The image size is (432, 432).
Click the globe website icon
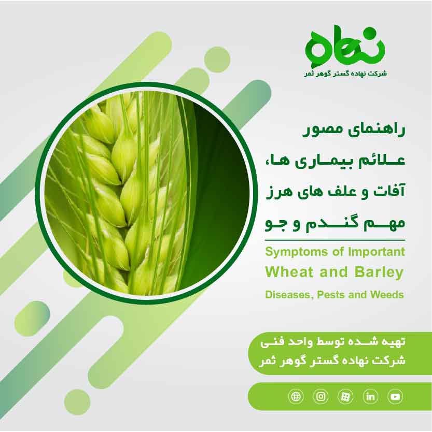click(x=296, y=397)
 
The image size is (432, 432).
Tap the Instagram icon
click(x=321, y=397)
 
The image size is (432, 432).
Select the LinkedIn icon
click(x=371, y=397)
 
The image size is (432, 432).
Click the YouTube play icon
click(x=396, y=397)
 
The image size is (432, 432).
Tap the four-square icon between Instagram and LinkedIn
click(x=345, y=397)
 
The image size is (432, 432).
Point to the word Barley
click(x=379, y=272)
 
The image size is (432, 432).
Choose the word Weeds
click(x=386, y=295)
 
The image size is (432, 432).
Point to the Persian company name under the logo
click(x=345, y=74)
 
